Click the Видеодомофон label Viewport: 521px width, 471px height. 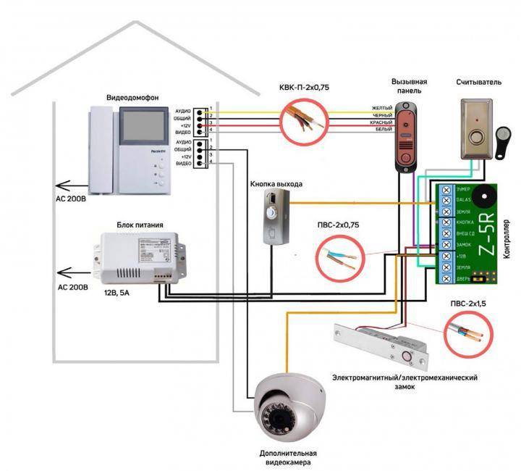pos(128,97)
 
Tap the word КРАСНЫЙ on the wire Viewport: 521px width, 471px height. pos(381,124)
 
